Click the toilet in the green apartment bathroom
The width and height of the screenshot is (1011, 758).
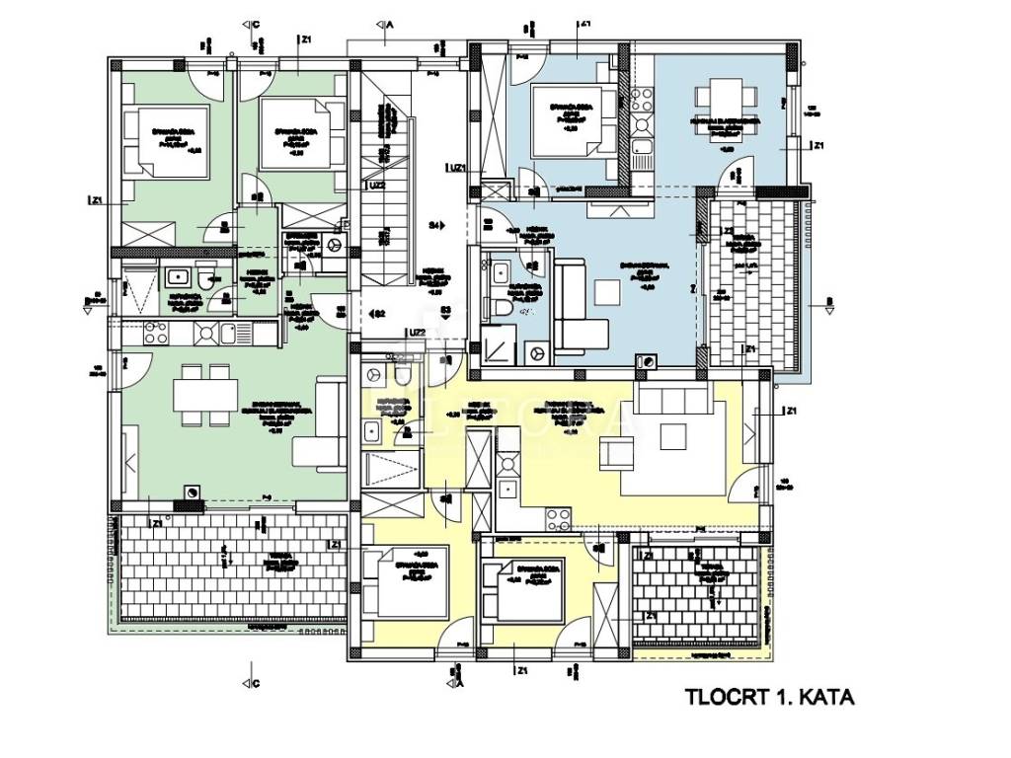(x=204, y=278)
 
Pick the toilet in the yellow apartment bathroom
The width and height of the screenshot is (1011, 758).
(x=403, y=375)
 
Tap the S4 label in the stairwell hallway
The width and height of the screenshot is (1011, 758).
(x=434, y=226)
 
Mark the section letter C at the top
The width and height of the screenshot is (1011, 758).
(x=256, y=22)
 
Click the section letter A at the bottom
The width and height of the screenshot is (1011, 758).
(x=461, y=681)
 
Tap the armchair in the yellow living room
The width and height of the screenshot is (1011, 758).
(x=620, y=454)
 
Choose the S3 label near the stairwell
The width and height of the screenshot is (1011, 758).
(x=446, y=312)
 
